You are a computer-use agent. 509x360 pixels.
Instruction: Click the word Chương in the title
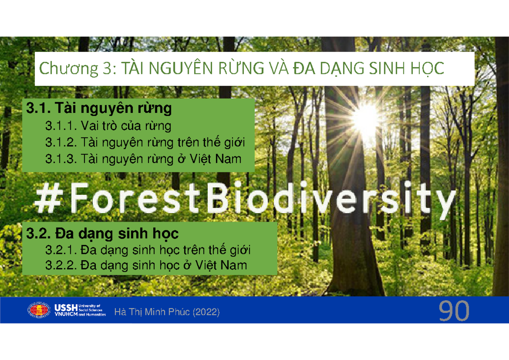click(x=69, y=69)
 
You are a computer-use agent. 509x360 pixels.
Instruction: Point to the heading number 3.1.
click(x=39, y=108)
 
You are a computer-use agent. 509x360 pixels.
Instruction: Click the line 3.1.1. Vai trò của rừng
click(x=108, y=126)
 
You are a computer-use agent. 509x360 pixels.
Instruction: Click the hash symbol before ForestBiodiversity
click(x=48, y=198)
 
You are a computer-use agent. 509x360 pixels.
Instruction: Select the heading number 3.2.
click(x=39, y=233)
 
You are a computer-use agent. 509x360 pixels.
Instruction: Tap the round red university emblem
click(x=39, y=310)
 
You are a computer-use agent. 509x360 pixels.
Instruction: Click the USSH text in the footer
click(x=66, y=308)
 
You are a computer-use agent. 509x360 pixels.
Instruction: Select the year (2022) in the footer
click(x=206, y=312)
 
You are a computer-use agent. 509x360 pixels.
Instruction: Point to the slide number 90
click(x=454, y=310)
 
